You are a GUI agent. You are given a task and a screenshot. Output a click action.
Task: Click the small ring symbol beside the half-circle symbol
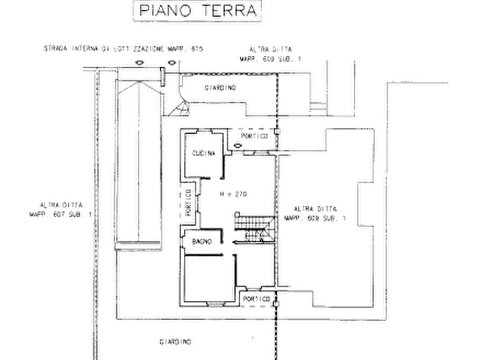(x=171, y=60)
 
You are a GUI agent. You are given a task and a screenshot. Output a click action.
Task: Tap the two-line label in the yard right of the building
(x=314, y=213)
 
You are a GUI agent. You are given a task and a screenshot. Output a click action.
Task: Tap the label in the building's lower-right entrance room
(x=254, y=297)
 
